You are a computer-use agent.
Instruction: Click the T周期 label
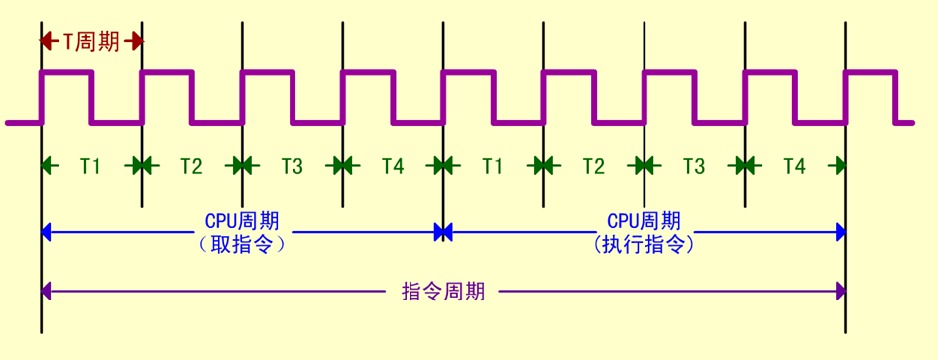pos(91,41)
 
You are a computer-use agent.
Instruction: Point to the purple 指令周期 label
pos(443,291)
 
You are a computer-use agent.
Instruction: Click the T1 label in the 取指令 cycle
pos(91,166)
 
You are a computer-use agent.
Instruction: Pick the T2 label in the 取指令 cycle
pos(191,166)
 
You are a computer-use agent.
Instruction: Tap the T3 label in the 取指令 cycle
pos(292,166)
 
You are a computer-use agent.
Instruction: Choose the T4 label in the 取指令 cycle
pos(393,166)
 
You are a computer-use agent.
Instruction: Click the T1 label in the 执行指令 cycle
pos(493,166)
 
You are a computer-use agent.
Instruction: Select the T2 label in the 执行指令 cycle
pos(593,166)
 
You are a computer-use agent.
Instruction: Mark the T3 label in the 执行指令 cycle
pos(694,166)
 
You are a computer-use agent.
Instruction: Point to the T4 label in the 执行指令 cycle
pos(794,166)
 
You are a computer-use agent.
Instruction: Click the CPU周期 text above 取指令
pos(242,220)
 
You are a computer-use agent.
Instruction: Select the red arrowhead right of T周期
pos(136,41)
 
